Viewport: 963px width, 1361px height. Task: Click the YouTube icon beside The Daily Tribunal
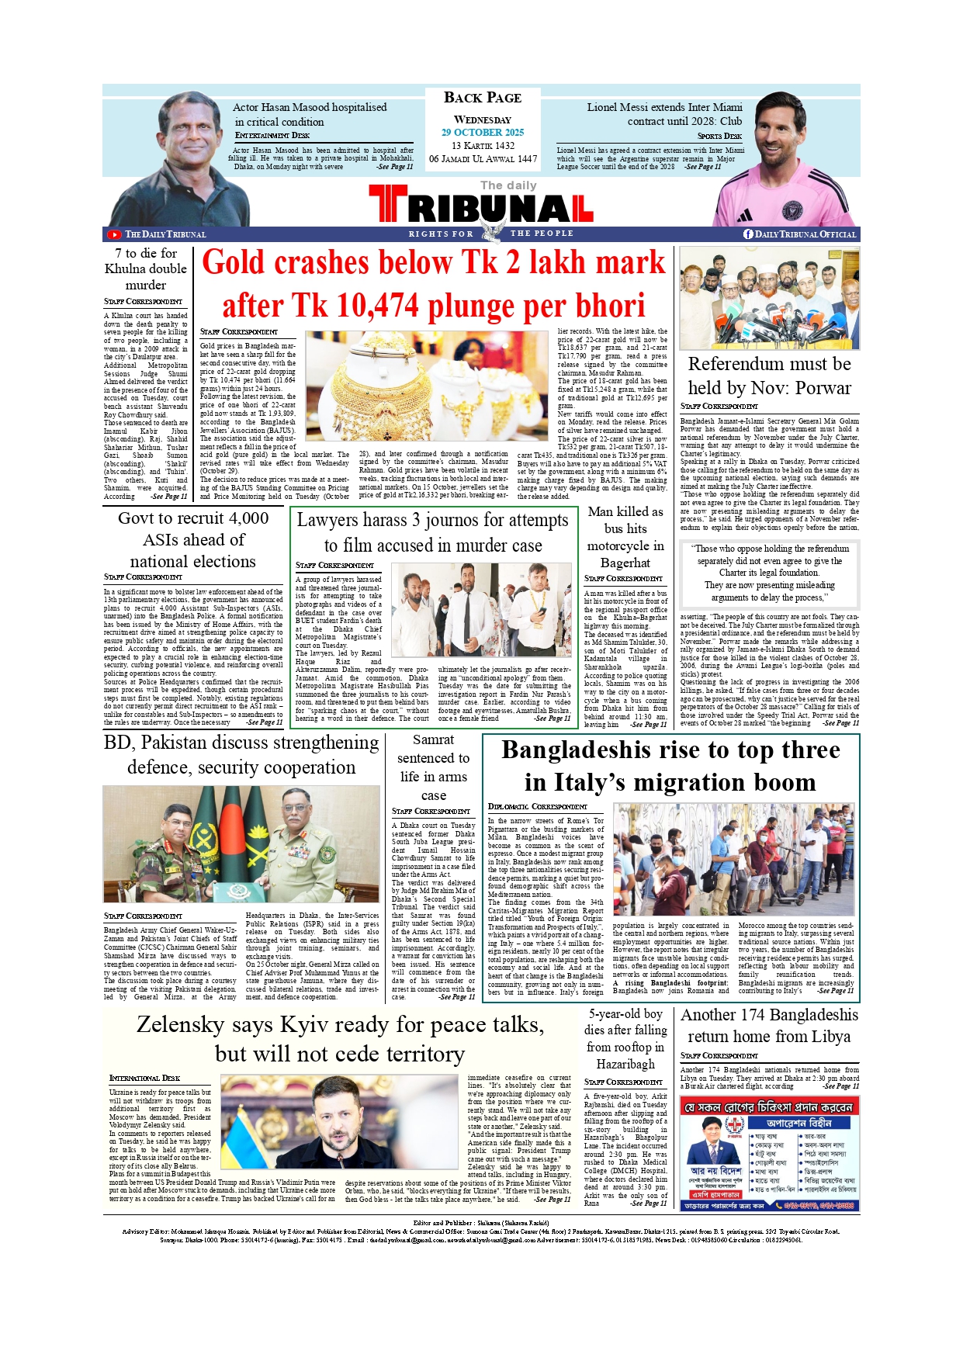114,234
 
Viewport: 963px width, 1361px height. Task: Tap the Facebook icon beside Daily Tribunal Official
748,234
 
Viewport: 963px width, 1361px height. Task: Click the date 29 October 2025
483,133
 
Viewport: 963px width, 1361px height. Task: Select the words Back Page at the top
483,98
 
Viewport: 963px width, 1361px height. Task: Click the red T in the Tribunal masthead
387,205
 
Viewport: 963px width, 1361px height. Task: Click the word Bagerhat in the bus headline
625,563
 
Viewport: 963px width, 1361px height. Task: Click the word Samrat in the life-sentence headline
433,739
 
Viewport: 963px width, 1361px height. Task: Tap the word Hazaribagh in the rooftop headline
625,1064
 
